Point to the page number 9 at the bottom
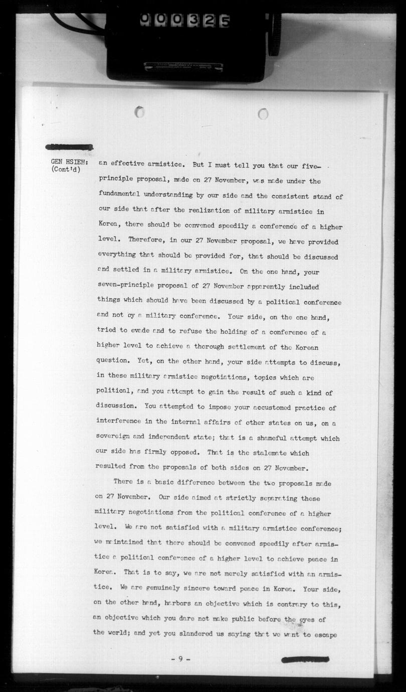click(x=180, y=659)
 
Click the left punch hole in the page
click(x=140, y=112)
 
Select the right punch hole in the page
click(x=263, y=114)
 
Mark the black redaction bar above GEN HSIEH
click(x=69, y=147)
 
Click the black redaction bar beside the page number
click(x=305, y=659)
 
